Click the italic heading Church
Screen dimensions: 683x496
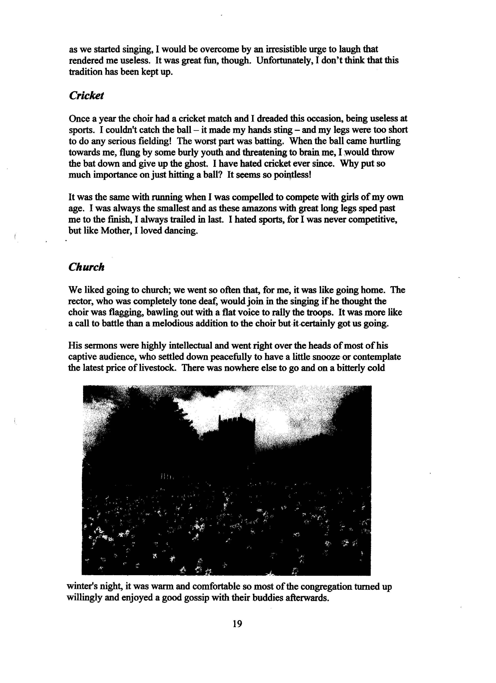click(x=86, y=267)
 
